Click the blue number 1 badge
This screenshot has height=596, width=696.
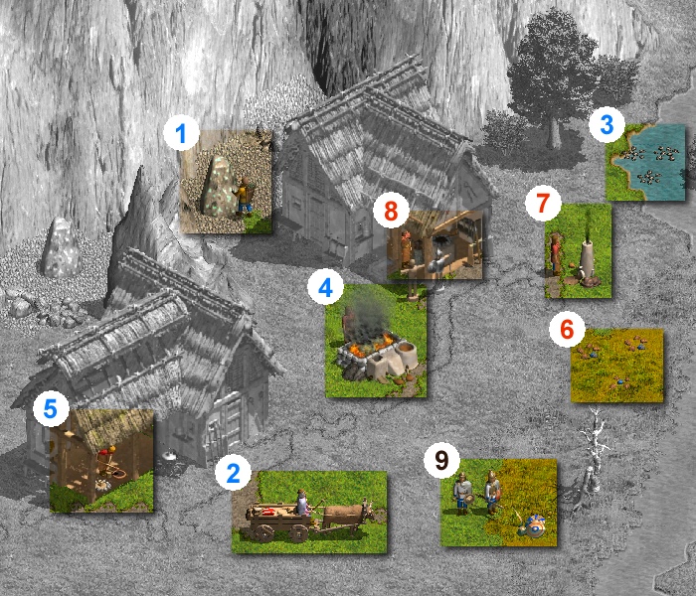pos(181,133)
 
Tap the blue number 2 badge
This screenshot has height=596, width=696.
pos(233,473)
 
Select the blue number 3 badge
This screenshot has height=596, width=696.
pos(607,124)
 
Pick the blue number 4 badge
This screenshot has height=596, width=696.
pos(325,287)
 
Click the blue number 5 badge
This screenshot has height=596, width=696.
pos(51,408)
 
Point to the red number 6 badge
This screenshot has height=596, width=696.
pos(567,329)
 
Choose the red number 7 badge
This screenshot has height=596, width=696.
pos(543,203)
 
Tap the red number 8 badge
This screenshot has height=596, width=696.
pos(391,211)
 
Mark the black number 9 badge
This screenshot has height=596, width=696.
pos(441,460)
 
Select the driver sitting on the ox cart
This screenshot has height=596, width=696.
pos(302,503)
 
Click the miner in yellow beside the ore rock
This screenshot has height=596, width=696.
pos(244,196)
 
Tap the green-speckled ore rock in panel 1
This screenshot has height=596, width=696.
pos(219,187)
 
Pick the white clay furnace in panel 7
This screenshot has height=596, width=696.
pos(587,261)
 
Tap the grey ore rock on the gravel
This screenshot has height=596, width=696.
pos(61,247)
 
